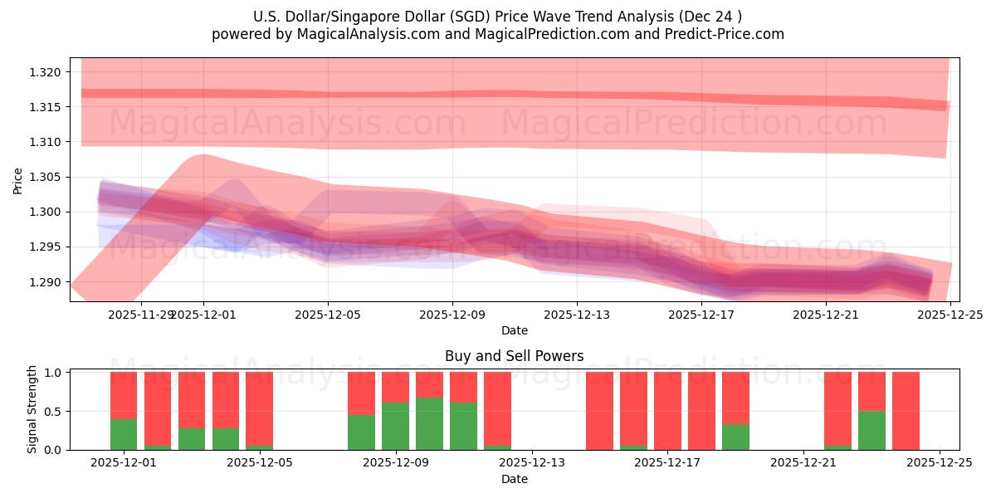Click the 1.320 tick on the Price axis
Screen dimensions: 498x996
44,72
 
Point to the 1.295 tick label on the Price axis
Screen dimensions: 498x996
44,247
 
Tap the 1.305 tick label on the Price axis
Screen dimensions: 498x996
44,177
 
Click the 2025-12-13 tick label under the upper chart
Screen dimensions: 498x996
577,315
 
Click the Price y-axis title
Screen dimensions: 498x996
18,180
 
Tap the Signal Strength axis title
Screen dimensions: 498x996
32,409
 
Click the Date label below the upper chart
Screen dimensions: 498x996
514,330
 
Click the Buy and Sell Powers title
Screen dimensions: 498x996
514,356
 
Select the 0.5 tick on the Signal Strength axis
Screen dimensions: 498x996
54,411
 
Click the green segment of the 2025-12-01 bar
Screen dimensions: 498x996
124,434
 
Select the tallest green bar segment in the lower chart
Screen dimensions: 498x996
429,423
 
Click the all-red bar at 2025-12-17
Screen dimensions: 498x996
667,411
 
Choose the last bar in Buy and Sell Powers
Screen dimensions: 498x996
906,411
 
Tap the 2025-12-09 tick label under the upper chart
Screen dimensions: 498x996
452,315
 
